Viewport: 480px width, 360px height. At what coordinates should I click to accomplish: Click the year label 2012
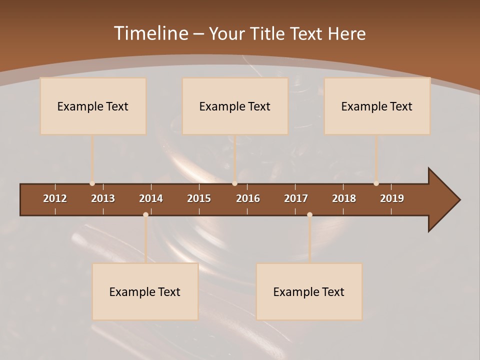pyautogui.click(x=55, y=198)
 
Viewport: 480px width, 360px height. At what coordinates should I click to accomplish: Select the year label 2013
pyautogui.click(x=103, y=198)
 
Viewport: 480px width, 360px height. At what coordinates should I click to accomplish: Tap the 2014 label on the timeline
pyautogui.click(x=151, y=198)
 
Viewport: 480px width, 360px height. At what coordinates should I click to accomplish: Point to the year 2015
pyautogui.click(x=199, y=198)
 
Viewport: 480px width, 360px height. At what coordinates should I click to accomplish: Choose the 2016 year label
pyautogui.click(x=248, y=198)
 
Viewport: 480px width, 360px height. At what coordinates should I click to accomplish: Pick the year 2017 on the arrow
pyautogui.click(x=296, y=198)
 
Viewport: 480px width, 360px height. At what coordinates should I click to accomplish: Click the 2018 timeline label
pyautogui.click(x=344, y=198)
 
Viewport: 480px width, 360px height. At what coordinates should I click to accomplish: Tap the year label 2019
pyautogui.click(x=392, y=198)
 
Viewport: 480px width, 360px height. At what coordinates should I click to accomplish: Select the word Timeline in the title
pyautogui.click(x=150, y=33)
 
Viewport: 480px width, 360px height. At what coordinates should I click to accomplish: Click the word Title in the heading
pyautogui.click(x=267, y=33)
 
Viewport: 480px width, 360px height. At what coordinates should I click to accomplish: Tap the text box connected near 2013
pyautogui.click(x=93, y=106)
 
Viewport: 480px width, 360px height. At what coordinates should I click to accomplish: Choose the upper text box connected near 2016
pyautogui.click(x=235, y=106)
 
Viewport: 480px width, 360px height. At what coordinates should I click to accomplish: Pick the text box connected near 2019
pyautogui.click(x=377, y=106)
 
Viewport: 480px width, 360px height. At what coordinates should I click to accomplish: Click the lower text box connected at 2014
pyautogui.click(x=145, y=292)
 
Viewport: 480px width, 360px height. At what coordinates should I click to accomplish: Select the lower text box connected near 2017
pyautogui.click(x=309, y=292)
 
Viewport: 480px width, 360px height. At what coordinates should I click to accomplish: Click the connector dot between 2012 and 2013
pyautogui.click(x=92, y=183)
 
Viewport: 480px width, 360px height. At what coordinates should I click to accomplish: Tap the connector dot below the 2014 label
pyautogui.click(x=145, y=214)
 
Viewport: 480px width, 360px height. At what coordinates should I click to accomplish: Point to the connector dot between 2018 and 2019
pyautogui.click(x=376, y=183)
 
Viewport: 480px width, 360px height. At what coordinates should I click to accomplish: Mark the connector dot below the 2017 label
pyautogui.click(x=309, y=214)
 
